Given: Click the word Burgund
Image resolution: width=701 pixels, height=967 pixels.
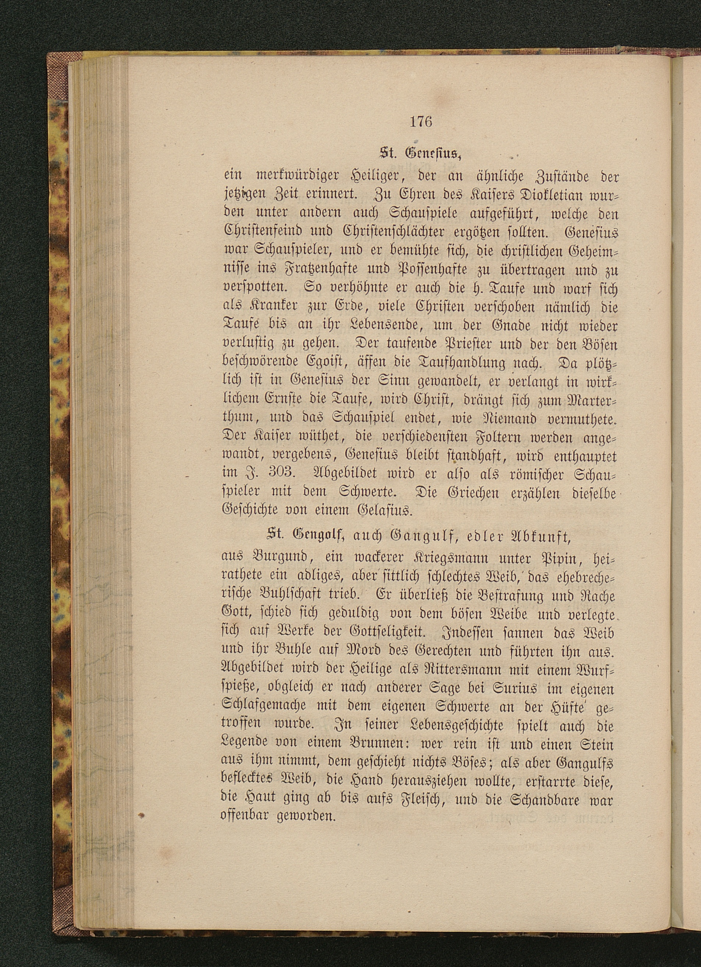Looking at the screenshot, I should coord(278,558).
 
